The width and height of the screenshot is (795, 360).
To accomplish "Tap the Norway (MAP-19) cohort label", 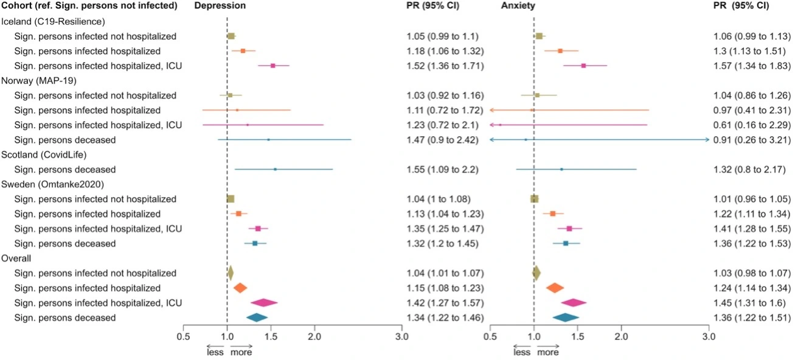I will pyautogui.click(x=41, y=80).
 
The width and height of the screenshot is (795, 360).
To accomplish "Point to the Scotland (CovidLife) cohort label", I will pyautogui.click(x=46, y=154).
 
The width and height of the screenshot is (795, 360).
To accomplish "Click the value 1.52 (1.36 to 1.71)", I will pyautogui.click(x=445, y=66).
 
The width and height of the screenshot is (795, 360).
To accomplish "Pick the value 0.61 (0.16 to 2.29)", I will pyautogui.click(x=752, y=125).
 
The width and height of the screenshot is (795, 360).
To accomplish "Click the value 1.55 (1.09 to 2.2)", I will pyautogui.click(x=442, y=170).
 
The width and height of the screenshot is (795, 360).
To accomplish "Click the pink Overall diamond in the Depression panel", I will pyautogui.click(x=264, y=303).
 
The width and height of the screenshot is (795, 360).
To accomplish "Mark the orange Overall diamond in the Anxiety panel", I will pyautogui.click(x=555, y=288).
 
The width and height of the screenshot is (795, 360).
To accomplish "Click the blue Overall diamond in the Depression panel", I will pyautogui.click(x=257, y=317).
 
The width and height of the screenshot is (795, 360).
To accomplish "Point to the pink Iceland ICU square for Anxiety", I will pyautogui.click(x=583, y=66).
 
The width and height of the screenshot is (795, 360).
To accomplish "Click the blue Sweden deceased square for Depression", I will pyautogui.click(x=255, y=243).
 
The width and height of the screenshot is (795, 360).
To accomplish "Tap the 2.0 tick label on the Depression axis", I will pyautogui.click(x=314, y=336).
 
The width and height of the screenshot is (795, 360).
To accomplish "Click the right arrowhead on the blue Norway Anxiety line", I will pyautogui.click(x=707, y=140).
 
